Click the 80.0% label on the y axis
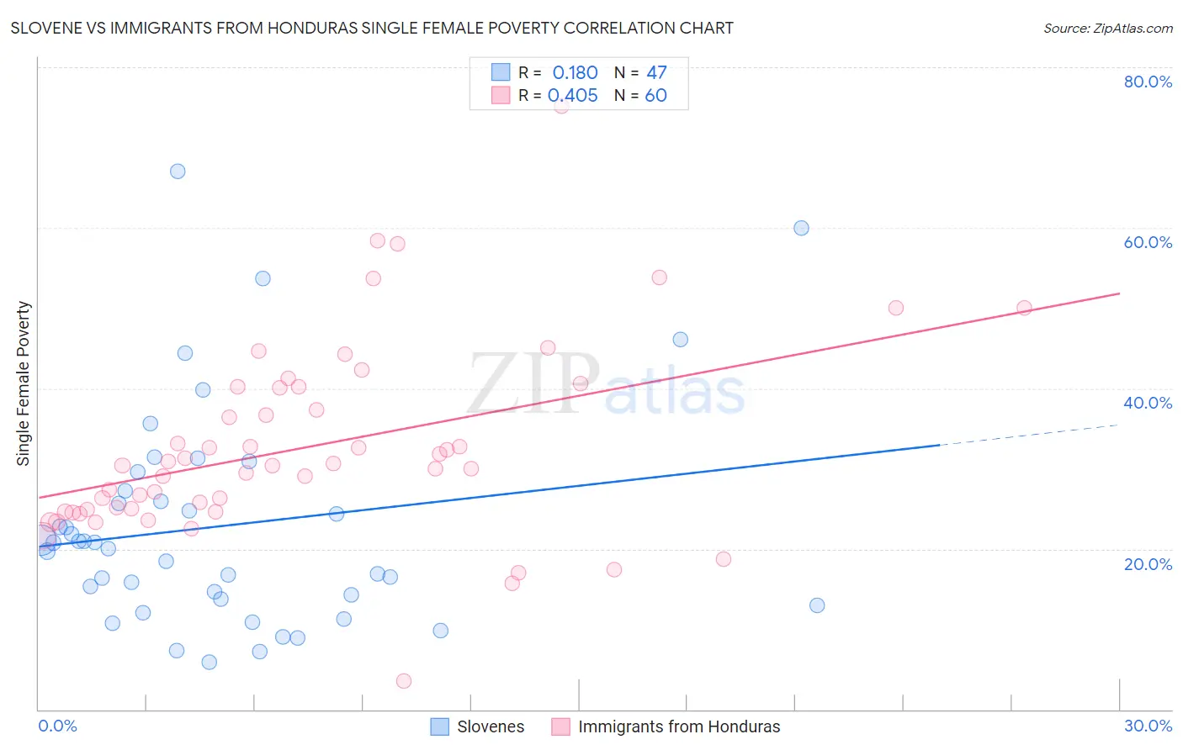pos(1148,82)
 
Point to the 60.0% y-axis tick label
pos(1148,242)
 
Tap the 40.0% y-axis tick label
pos(1148,403)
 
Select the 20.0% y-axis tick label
pos(1148,564)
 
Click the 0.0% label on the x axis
pos(57,726)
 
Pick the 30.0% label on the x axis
pos(1148,726)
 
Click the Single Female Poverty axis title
pos(24,383)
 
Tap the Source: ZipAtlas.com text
pos(1107,29)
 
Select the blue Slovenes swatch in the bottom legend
pos(439,726)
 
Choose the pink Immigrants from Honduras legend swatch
pos(560,726)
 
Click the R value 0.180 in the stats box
pos(575,73)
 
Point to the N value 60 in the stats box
pos(655,96)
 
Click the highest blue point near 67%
pos(178,172)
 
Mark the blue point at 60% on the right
pos(801,228)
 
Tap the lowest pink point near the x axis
pos(404,681)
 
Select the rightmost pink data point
pos(1024,308)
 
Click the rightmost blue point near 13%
pos(817,605)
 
